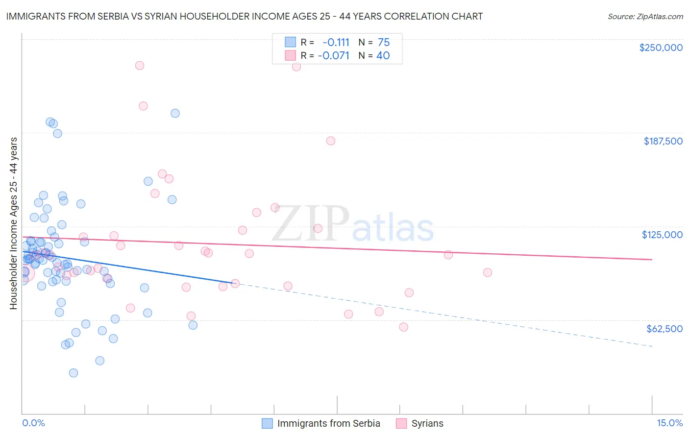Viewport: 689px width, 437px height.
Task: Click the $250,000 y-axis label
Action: pyautogui.click(x=661, y=48)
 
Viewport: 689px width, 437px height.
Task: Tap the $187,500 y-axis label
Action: pyautogui.click(x=663, y=141)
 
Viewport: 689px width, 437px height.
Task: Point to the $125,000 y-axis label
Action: pyautogui.click(x=662, y=235)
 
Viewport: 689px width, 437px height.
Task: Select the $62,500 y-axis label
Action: pyautogui.click(x=664, y=329)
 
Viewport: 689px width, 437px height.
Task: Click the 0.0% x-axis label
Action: pyautogui.click(x=33, y=423)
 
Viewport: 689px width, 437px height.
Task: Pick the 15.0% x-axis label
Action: pyautogui.click(x=669, y=423)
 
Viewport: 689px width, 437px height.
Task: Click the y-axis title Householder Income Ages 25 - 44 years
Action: pyautogui.click(x=13, y=223)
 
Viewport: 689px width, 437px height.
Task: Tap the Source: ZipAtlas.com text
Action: pyautogui.click(x=645, y=16)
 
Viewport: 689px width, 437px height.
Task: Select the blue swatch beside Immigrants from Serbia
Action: pyautogui.click(x=267, y=423)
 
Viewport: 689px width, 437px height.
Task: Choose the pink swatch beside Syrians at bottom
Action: pyautogui.click(x=401, y=423)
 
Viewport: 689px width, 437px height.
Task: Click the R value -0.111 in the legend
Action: pyautogui.click(x=336, y=42)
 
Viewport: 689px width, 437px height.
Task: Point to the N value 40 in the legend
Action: pyautogui.click(x=383, y=55)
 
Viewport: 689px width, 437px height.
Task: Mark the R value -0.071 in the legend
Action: pyautogui.click(x=334, y=55)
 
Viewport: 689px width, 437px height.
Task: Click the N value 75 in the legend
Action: pyautogui.click(x=384, y=42)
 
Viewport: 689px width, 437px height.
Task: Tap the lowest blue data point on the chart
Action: pyautogui.click(x=74, y=373)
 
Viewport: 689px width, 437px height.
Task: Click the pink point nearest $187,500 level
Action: pyautogui.click(x=331, y=141)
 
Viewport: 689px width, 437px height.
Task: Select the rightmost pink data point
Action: pyautogui.click(x=487, y=272)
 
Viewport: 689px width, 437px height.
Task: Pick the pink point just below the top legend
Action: pyautogui.click(x=296, y=67)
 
